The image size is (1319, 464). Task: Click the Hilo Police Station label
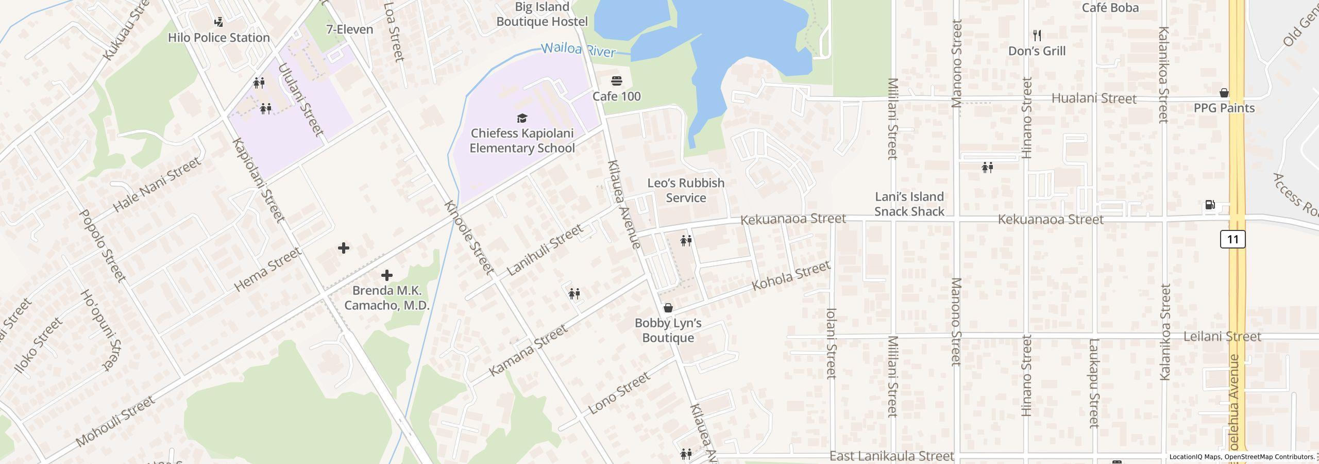pyautogui.click(x=219, y=38)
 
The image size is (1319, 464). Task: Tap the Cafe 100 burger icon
pyautogui.click(x=616, y=81)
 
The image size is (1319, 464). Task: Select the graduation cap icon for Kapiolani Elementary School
pyautogui.click(x=522, y=119)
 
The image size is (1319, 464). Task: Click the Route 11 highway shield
pyautogui.click(x=1232, y=239)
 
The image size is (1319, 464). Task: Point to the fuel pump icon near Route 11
pyautogui.click(x=1210, y=205)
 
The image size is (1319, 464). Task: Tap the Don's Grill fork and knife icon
pyautogui.click(x=1037, y=36)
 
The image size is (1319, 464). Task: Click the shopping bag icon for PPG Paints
pyautogui.click(x=1224, y=93)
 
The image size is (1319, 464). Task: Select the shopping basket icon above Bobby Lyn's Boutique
pyautogui.click(x=668, y=308)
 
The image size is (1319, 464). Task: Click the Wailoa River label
pyautogui.click(x=578, y=50)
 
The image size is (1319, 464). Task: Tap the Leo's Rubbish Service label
pyautogui.click(x=685, y=190)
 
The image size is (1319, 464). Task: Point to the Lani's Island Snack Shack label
pyautogui.click(x=909, y=204)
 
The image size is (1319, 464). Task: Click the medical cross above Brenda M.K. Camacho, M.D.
pyautogui.click(x=386, y=275)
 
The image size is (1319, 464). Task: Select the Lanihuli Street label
pyautogui.click(x=545, y=250)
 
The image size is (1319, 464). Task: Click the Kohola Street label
pyautogui.click(x=791, y=276)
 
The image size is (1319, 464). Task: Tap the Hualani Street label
pyautogui.click(x=1093, y=98)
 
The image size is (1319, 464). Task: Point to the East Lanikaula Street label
pyautogui.click(x=891, y=456)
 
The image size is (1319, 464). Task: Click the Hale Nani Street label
pyautogui.click(x=157, y=185)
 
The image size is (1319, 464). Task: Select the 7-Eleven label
pyautogui.click(x=349, y=29)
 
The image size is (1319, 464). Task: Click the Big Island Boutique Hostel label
pyautogui.click(x=542, y=14)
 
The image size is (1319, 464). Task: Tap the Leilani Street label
pyautogui.click(x=1222, y=337)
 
